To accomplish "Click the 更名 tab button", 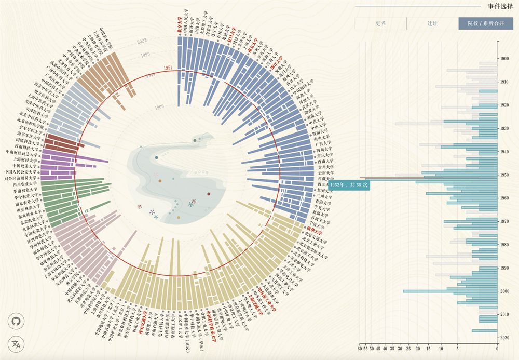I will coord(380,23).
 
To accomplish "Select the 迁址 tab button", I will coord(432,23).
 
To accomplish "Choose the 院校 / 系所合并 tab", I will coord(485,23).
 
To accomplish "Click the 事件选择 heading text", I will coord(498,6).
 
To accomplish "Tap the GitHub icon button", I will coord(17,322).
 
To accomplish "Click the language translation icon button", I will coord(17,344).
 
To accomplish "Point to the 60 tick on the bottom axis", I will coord(360,349).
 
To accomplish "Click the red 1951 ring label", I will coord(168,68).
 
